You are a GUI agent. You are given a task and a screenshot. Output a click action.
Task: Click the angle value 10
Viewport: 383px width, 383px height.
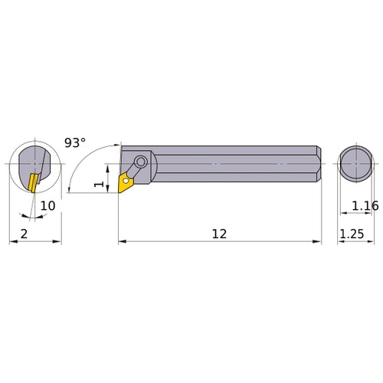(x=48, y=206)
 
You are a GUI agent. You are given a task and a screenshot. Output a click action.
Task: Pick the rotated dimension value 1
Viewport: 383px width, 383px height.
(x=97, y=185)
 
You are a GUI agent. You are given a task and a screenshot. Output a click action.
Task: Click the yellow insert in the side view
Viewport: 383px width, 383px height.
(x=125, y=181)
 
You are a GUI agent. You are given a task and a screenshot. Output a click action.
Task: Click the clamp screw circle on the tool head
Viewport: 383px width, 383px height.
(x=142, y=163)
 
